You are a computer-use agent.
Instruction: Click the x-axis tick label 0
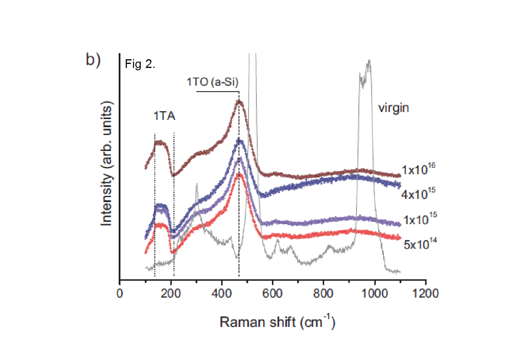pyautogui.click(x=120, y=294)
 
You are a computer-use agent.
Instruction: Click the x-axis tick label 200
pyautogui.click(x=171, y=294)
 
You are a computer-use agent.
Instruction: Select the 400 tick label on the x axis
pyautogui.click(x=221, y=294)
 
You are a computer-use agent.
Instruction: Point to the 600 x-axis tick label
pyautogui.click(x=272, y=294)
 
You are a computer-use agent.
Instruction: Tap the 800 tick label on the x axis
pyautogui.click(x=323, y=294)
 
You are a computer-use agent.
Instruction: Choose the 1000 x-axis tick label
pyautogui.click(x=374, y=294)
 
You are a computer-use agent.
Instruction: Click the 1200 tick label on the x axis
pyautogui.click(x=425, y=294)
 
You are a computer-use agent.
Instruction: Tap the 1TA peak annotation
pyautogui.click(x=164, y=116)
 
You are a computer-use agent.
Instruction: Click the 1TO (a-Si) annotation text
pyautogui.click(x=212, y=82)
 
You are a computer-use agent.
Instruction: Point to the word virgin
pyautogui.click(x=394, y=108)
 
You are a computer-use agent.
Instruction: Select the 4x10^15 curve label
pyautogui.click(x=418, y=194)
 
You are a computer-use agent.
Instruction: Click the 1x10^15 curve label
pyautogui.click(x=420, y=219)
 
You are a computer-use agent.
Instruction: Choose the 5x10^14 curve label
pyautogui.click(x=420, y=244)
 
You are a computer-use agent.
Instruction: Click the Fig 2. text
pyautogui.click(x=140, y=64)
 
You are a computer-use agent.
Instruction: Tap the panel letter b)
pyautogui.click(x=93, y=60)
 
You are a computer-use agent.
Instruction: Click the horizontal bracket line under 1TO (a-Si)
pyautogui.click(x=218, y=92)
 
